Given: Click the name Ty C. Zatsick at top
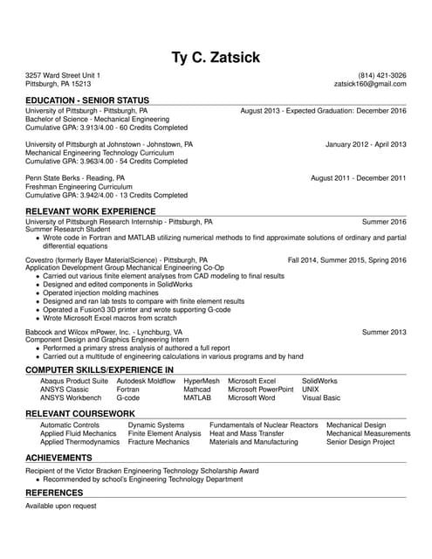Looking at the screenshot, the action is click(216, 59).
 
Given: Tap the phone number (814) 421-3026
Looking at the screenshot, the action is click(382, 75).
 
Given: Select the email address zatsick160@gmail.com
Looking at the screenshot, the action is click(371, 85).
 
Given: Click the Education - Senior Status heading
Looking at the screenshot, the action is click(87, 100).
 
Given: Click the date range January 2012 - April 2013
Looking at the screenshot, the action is click(366, 144).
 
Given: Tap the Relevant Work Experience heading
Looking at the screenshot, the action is click(91, 211).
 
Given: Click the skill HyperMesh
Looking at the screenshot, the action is click(202, 381).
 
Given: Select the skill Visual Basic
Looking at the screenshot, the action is click(321, 397).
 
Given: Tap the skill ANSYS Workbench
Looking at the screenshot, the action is click(71, 397).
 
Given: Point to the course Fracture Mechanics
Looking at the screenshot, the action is click(158, 442).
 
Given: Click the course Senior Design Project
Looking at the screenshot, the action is click(360, 442).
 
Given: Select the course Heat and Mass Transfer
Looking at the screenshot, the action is click(247, 433).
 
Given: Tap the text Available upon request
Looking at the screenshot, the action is click(61, 506).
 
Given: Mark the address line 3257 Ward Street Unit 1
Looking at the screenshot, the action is click(63, 75).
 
